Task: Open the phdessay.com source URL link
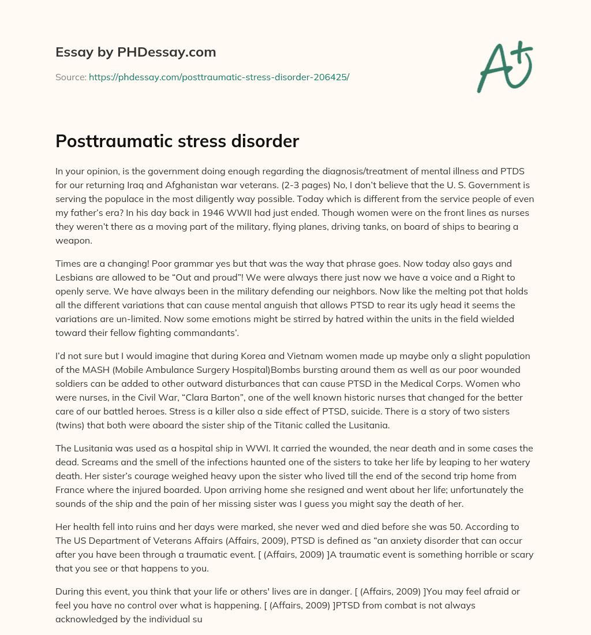pyautogui.click(x=219, y=77)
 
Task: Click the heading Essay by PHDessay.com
pyautogui.click(x=136, y=53)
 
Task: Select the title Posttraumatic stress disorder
pyautogui.click(x=177, y=141)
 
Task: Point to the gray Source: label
pyautogui.click(x=70, y=77)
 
